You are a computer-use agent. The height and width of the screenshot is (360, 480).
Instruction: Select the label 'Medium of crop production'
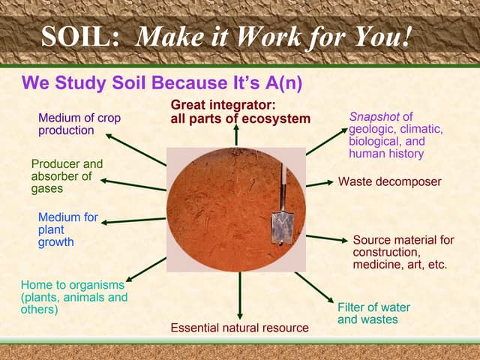pyautogui.click(x=79, y=124)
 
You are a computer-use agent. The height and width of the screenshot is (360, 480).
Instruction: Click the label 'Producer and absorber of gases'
pyautogui.click(x=66, y=176)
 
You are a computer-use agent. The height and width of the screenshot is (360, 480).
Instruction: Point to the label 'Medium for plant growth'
pyautogui.click(x=67, y=229)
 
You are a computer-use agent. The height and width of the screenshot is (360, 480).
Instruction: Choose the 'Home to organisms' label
pyautogui.click(x=73, y=297)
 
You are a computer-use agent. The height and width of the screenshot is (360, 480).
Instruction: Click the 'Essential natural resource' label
pyautogui.click(x=239, y=328)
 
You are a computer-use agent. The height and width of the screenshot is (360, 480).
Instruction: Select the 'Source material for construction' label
pyautogui.click(x=403, y=252)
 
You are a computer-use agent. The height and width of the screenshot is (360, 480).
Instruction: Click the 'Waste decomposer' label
pyautogui.click(x=389, y=181)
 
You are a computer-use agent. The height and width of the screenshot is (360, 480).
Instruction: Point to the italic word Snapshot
pyautogui.click(x=375, y=117)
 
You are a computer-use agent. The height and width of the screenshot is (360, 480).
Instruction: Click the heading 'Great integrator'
pyautogui.click(x=240, y=112)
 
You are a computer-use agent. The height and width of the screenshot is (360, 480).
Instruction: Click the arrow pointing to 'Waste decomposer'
pyautogui.click(x=320, y=182)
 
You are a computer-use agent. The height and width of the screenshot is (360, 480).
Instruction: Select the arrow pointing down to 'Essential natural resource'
pyautogui.click(x=240, y=296)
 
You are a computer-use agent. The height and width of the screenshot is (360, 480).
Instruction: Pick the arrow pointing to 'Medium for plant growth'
pyautogui.click(x=133, y=220)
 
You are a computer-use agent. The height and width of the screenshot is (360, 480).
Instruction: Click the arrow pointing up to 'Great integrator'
pyautogui.click(x=237, y=136)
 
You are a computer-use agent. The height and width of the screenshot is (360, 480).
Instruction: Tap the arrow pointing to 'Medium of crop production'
pyautogui.click(x=135, y=148)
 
